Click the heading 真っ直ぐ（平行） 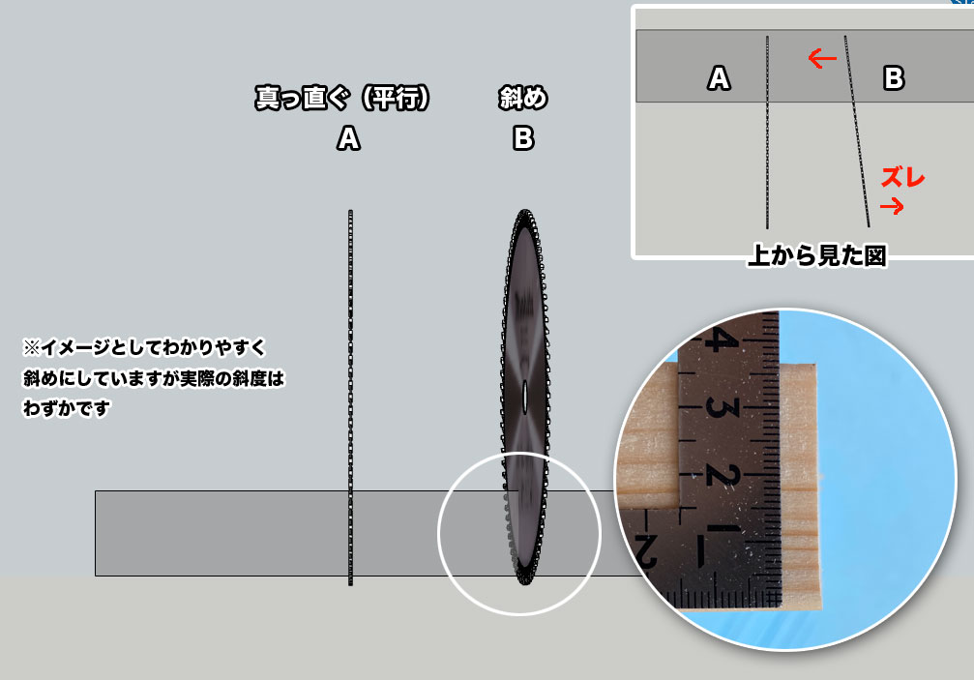coord(342,98)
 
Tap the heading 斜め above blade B coord(523,98)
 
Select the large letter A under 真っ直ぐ coord(348,138)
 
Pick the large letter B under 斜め coord(523,138)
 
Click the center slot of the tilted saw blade coord(525,397)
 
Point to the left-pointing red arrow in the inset coord(822,59)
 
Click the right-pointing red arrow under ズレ coord(892,206)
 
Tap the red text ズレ coord(903,178)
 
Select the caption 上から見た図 coord(817,255)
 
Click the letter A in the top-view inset coord(719,78)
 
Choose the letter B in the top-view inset coord(894,78)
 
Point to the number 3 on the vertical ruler coord(722,407)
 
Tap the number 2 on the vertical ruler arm coord(723,474)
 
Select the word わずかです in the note coord(67,408)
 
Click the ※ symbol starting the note coord(31,347)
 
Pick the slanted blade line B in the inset coord(857,131)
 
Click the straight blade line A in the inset coord(767,132)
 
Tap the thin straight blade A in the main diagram coord(350,398)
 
